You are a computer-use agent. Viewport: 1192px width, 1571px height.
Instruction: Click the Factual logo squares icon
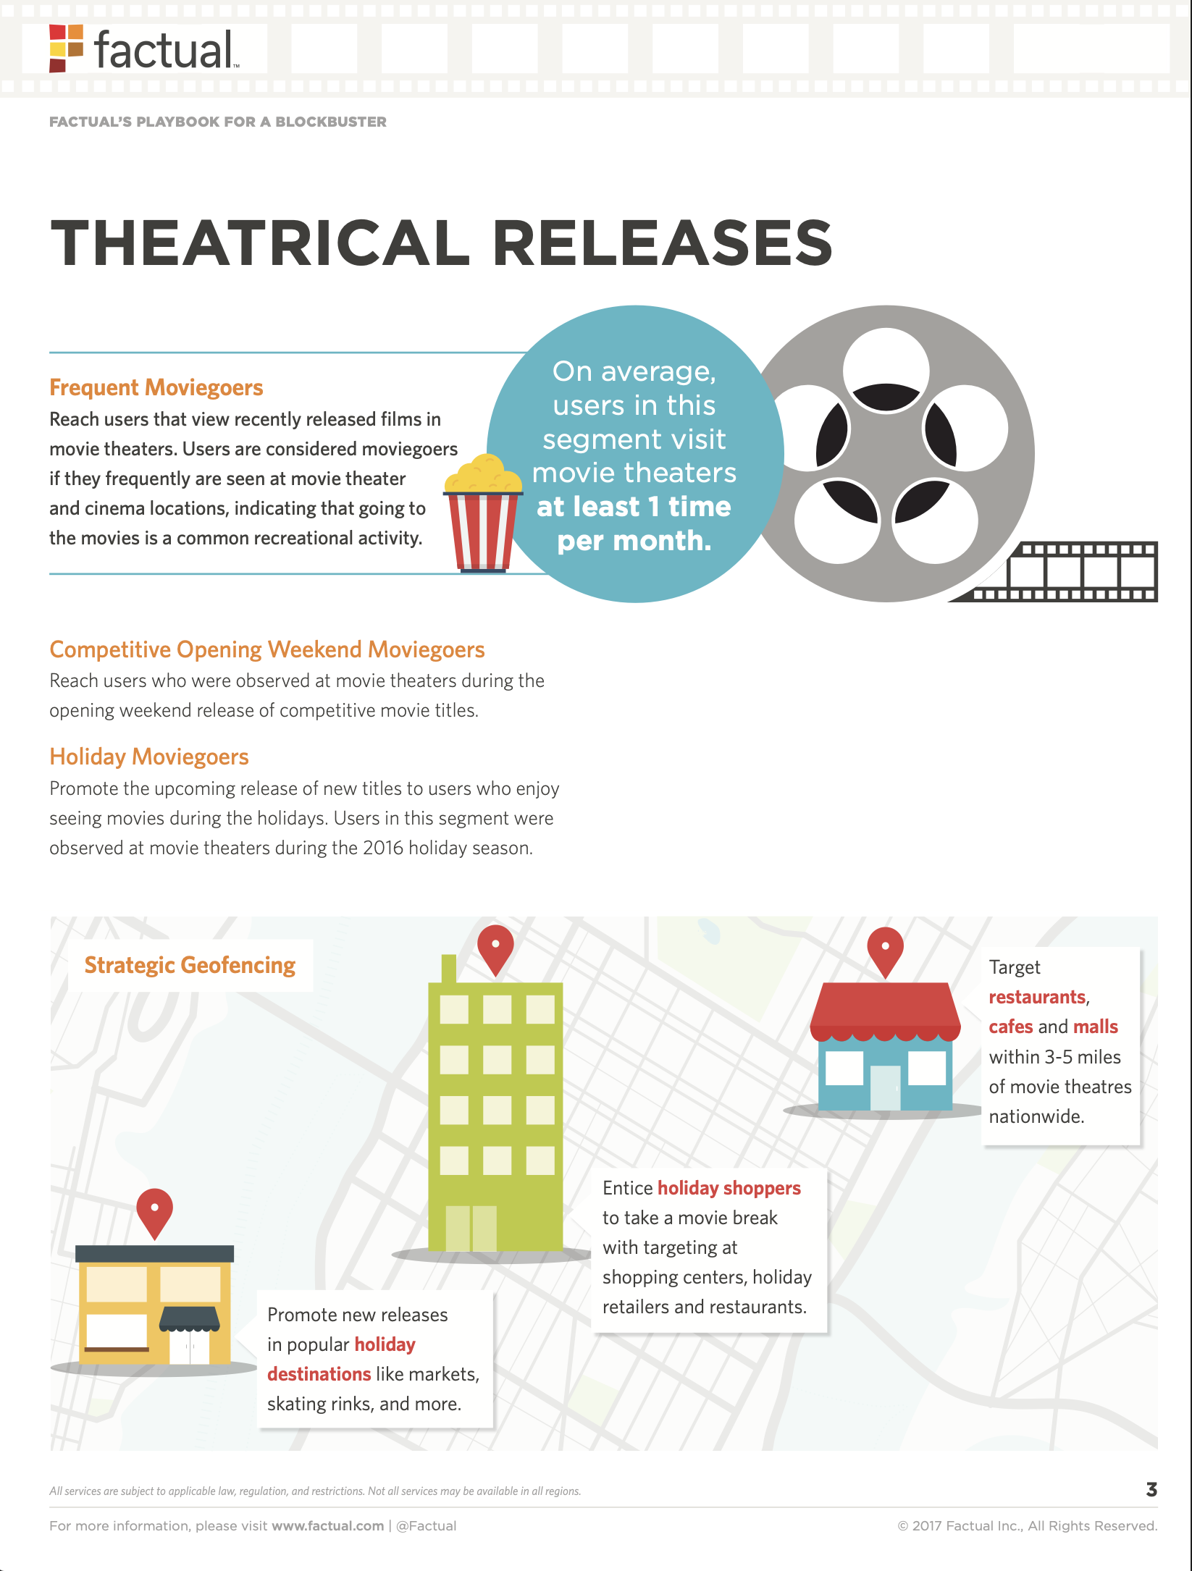(x=66, y=48)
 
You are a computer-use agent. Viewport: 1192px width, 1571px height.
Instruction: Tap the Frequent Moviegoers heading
(x=156, y=387)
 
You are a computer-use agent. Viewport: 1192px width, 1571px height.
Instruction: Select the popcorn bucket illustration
(x=483, y=514)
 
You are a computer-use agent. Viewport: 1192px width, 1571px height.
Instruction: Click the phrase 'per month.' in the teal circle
(x=634, y=541)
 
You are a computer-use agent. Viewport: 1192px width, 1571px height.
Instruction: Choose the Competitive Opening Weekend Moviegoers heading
(x=266, y=649)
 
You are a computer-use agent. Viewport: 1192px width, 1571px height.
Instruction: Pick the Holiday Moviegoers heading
(x=148, y=757)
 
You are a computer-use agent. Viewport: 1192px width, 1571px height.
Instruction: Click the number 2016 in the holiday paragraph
(x=383, y=848)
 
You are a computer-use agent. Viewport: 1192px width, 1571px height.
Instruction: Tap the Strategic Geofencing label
(x=190, y=965)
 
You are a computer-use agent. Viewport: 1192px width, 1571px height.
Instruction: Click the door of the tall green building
(x=471, y=1228)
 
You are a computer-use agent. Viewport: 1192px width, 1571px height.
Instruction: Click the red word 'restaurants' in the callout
(x=1037, y=997)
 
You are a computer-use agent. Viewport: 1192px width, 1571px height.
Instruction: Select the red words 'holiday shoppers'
(x=729, y=1188)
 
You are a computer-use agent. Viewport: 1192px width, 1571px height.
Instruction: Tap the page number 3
(x=1151, y=1489)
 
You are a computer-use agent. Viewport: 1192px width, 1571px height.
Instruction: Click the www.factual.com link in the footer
(x=327, y=1525)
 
